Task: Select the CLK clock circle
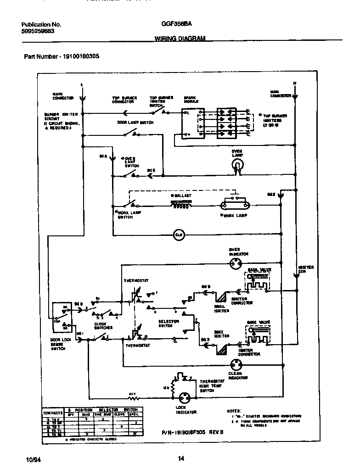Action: click(x=179, y=234)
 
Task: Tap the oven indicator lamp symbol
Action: click(x=236, y=264)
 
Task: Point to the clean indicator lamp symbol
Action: click(x=237, y=364)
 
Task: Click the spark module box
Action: click(x=192, y=122)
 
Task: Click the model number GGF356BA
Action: click(x=174, y=25)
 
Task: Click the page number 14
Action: click(x=180, y=458)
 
